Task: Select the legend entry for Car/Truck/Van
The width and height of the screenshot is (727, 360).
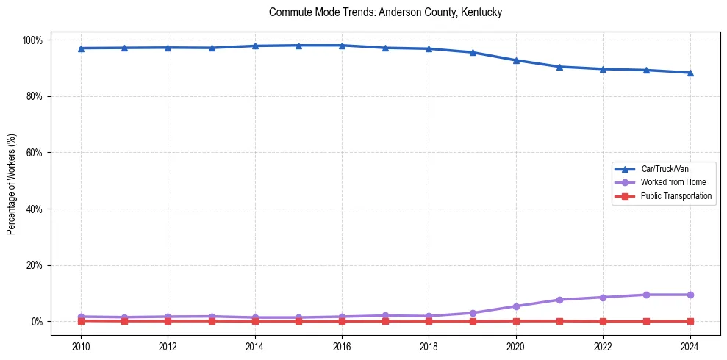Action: [665, 169]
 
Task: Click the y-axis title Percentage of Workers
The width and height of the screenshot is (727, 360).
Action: [12, 181]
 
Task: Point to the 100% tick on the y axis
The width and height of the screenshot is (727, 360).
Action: [35, 40]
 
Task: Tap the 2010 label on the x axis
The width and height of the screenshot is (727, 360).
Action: [81, 345]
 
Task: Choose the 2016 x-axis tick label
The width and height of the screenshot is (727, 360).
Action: [342, 345]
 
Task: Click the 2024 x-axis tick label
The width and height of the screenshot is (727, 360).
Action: [690, 345]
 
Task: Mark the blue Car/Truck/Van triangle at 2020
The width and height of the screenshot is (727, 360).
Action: [516, 60]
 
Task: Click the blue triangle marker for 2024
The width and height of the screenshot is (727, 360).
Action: [690, 73]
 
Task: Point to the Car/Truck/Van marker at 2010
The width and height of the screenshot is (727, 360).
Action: [81, 48]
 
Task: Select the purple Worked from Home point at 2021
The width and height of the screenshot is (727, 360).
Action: [559, 300]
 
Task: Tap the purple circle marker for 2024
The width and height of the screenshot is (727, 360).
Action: [690, 295]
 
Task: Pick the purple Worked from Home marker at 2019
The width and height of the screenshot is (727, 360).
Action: [473, 313]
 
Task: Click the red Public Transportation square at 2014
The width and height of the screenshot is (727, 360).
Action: [255, 321]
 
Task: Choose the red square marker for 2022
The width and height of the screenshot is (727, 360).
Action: [603, 321]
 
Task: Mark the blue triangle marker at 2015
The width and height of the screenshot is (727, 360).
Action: [298, 46]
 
